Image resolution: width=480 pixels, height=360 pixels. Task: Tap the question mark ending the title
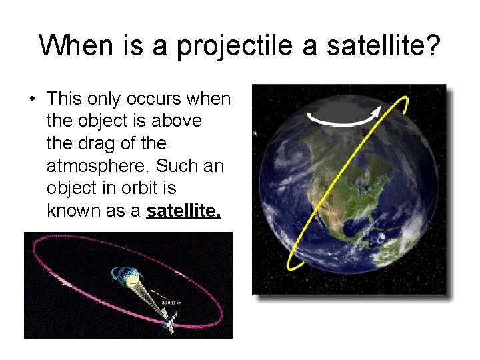[431, 45]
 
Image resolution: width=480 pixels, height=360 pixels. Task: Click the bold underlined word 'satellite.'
[184, 211]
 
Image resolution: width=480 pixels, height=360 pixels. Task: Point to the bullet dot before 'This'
[32, 100]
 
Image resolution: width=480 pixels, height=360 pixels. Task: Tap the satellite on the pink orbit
[167, 319]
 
